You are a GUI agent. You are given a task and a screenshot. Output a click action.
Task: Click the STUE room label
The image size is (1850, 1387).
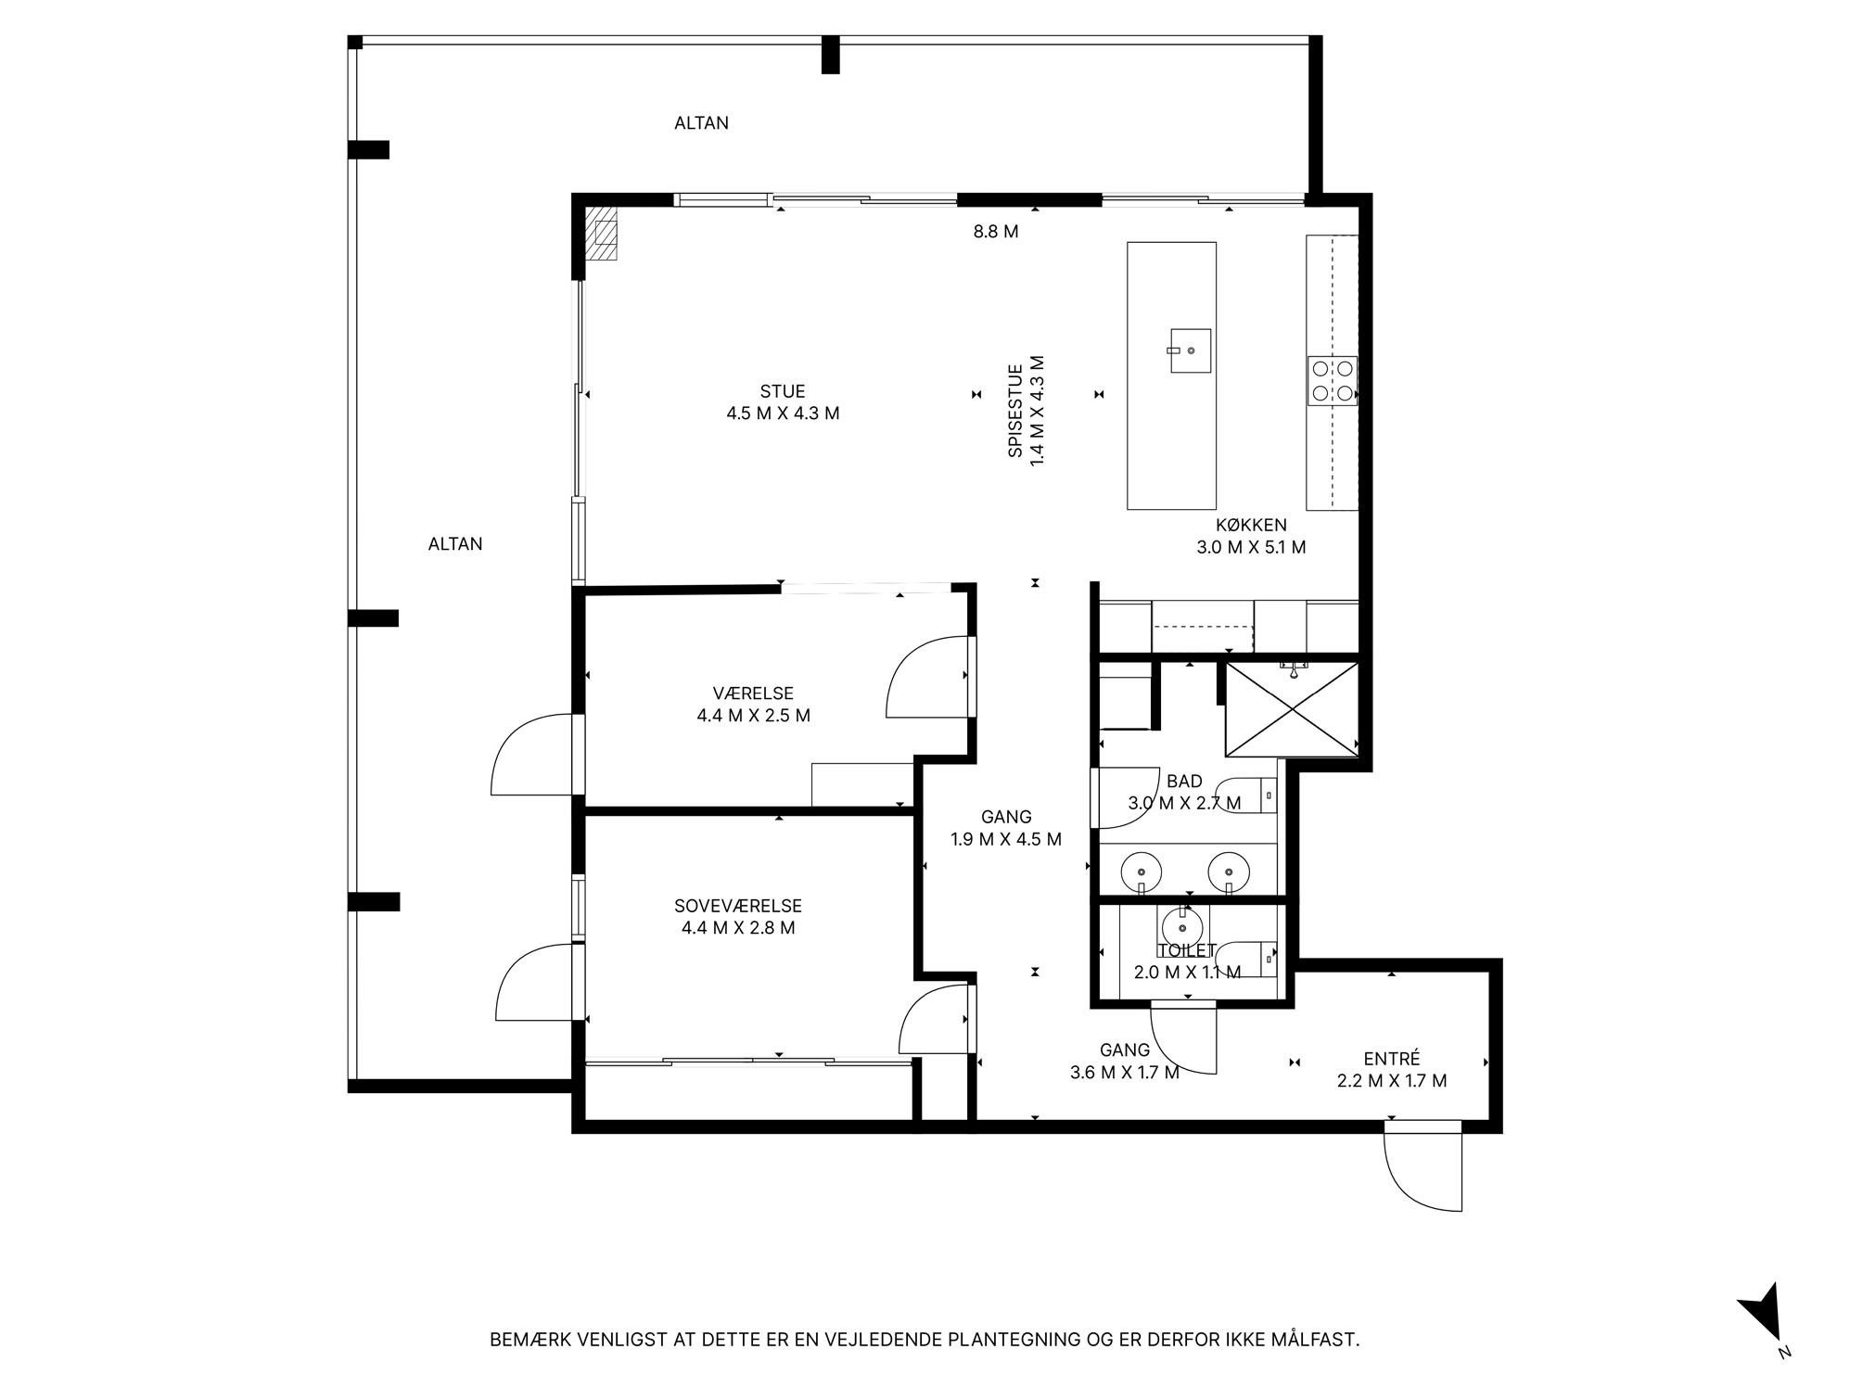coord(783,392)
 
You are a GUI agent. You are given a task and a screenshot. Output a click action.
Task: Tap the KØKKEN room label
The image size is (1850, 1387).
coord(1251,526)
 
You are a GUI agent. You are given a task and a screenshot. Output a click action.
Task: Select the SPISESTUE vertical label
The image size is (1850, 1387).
coord(1015,411)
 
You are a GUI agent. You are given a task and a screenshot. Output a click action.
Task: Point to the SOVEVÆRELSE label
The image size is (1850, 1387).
coord(738,907)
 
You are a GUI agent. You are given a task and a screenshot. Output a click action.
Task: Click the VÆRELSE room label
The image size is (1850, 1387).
coord(753,693)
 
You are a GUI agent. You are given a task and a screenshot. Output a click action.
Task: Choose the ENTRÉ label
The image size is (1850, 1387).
coord(1392,1059)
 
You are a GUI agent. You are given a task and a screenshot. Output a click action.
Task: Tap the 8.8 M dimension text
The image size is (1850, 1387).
coord(996,232)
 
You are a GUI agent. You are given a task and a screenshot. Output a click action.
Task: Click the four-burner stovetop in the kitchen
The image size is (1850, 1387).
coord(1333,381)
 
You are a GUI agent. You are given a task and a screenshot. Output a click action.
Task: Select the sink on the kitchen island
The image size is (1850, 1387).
coord(1190,350)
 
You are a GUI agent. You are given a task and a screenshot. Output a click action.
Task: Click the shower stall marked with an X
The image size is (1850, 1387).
coord(1292,709)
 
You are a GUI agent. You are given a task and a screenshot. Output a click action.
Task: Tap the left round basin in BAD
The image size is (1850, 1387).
coord(1142,872)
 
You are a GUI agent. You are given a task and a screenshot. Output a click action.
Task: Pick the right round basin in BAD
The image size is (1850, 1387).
coord(1229,872)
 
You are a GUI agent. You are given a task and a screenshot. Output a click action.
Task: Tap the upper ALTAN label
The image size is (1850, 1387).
coord(701,123)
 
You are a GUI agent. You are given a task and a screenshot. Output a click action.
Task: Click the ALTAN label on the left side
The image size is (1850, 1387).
coord(455,544)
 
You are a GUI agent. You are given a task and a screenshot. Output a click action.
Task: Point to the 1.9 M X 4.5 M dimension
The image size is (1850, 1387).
coord(1006,840)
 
